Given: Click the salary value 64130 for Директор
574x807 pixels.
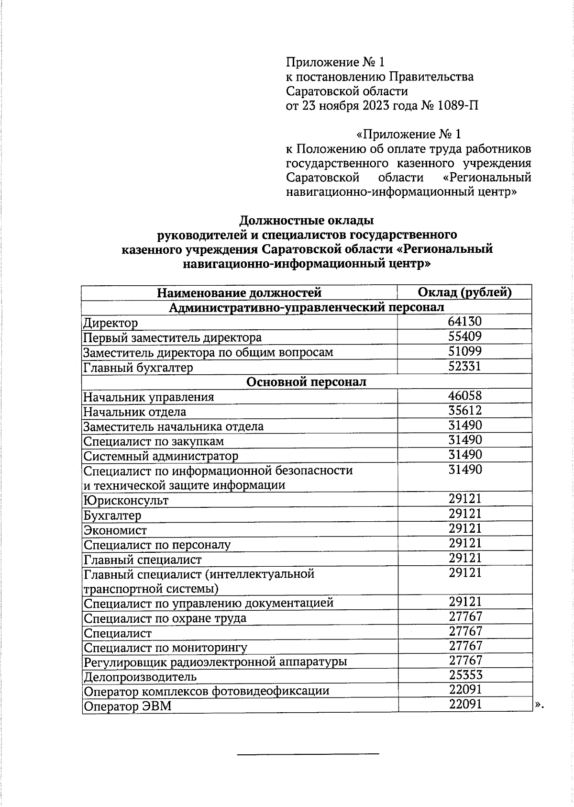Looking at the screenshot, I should tap(464, 321).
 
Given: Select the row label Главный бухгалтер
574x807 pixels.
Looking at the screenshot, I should tap(138, 368).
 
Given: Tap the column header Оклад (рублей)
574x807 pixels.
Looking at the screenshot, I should tap(464, 292).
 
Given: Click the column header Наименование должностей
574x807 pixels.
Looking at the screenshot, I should tap(239, 292).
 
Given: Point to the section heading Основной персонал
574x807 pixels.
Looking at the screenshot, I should tap(306, 381).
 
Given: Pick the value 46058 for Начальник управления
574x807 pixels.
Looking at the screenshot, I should tap(464, 395).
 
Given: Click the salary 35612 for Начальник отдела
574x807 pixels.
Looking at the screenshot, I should tap(464, 410).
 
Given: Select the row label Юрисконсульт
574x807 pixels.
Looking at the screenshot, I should tap(126, 500).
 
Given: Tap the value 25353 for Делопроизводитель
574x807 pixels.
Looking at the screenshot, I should tap(465, 675).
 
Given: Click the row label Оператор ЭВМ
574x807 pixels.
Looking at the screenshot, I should tap(127, 706).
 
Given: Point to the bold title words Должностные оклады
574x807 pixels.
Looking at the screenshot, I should tap(306, 221).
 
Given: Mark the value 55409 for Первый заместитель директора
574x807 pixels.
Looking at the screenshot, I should tap(464, 336).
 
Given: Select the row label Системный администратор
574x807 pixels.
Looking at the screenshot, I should tap(160, 456).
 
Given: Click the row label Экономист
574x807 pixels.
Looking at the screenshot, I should tap(115, 530).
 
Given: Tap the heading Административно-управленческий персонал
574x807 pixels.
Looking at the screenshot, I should tap(306, 307).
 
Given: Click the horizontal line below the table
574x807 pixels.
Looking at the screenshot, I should tap(308, 754).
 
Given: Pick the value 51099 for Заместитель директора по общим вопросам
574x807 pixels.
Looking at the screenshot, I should tap(464, 351).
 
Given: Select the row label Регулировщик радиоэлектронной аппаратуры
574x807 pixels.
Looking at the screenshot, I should tap(215, 662).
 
